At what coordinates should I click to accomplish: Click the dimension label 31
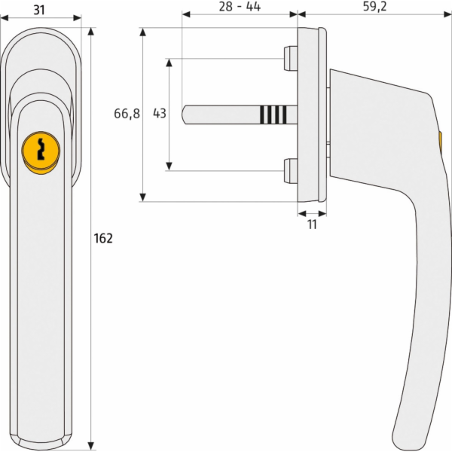39,10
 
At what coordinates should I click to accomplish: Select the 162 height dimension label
103,238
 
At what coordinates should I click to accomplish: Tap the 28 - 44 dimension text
240,6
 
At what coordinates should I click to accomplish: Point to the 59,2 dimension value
374,7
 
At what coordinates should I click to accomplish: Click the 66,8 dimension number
127,114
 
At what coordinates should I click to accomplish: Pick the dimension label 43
160,113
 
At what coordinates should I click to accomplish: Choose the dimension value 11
312,224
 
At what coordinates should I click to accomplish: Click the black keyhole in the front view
41,149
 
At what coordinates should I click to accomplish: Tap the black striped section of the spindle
273,115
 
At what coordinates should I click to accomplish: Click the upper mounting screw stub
290,59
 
